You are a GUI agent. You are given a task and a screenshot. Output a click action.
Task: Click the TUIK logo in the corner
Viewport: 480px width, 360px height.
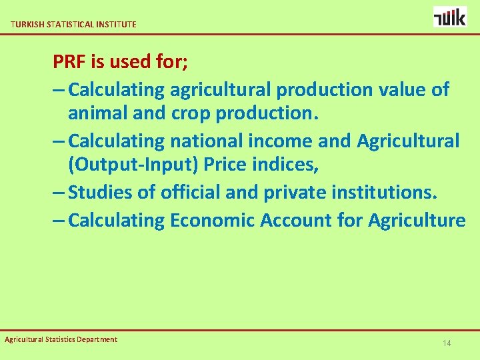pyautogui.click(x=450, y=17)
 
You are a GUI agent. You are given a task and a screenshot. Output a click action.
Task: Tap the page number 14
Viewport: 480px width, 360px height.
pyautogui.click(x=447, y=343)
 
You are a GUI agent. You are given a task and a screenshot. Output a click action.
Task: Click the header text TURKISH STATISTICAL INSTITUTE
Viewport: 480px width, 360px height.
pyautogui.click(x=73, y=24)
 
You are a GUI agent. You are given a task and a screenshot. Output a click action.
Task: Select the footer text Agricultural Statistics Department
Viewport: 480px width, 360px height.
pyautogui.click(x=61, y=339)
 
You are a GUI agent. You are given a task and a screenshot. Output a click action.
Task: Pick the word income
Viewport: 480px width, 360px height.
pyautogui.click(x=284, y=141)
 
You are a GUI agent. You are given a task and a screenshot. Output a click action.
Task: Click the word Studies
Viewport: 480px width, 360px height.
pyautogui.click(x=100, y=193)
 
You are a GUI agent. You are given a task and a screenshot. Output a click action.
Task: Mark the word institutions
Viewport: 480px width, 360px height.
pyautogui.click(x=385, y=193)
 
